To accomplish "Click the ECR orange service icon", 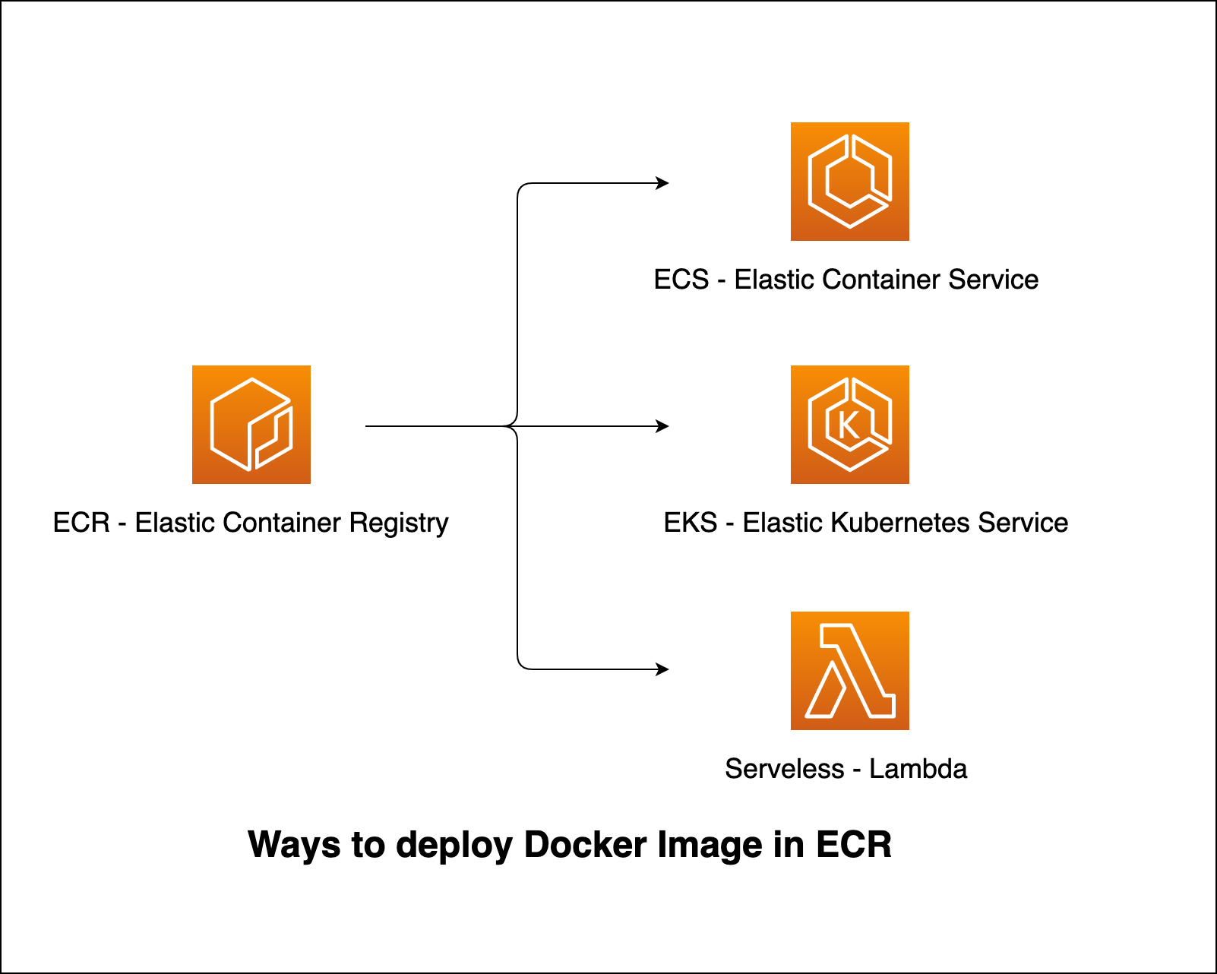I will click(x=251, y=425).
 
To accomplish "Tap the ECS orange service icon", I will click(x=850, y=182).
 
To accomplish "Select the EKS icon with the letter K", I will click(x=850, y=425).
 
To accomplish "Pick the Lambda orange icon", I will click(x=850, y=671).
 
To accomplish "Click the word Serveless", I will click(x=784, y=769).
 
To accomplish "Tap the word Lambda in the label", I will click(x=918, y=769).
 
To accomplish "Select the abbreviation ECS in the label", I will click(x=681, y=280).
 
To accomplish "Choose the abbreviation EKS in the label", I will click(x=691, y=523).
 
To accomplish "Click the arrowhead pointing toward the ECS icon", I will click(x=663, y=182).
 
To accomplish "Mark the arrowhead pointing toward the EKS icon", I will click(x=663, y=426).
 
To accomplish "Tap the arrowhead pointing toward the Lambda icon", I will click(x=663, y=669).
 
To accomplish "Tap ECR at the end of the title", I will click(x=854, y=845).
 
